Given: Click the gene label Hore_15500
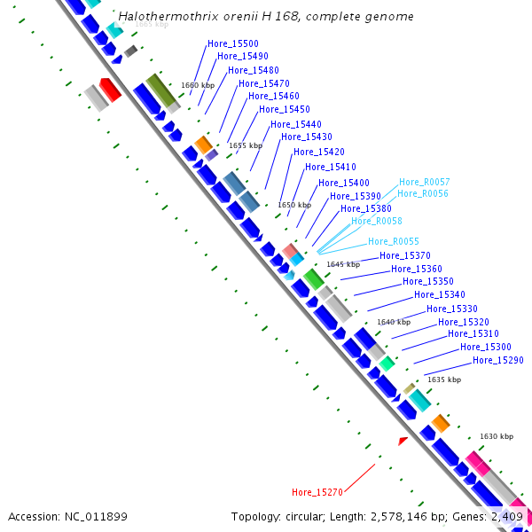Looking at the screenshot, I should coord(232,43).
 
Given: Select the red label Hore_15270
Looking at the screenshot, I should coord(317,492).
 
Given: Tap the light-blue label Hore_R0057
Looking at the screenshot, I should coord(424,182).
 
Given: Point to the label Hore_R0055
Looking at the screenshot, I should coord(394,241).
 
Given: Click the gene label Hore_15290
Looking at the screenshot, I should coord(497,360).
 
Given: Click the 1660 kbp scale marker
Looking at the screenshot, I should coord(198,86).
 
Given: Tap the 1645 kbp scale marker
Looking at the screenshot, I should coord(343,264).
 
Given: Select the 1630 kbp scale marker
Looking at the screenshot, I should coord(497,436).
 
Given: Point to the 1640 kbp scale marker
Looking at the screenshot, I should coord(394,322).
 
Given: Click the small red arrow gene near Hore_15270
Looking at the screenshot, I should coord(403,440).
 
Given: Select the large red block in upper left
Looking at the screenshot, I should coord(110,89).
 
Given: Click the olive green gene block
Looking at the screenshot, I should coord(161,90).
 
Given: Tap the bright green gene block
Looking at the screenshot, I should coord(313,279).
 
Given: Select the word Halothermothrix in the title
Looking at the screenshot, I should coord(163,17).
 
